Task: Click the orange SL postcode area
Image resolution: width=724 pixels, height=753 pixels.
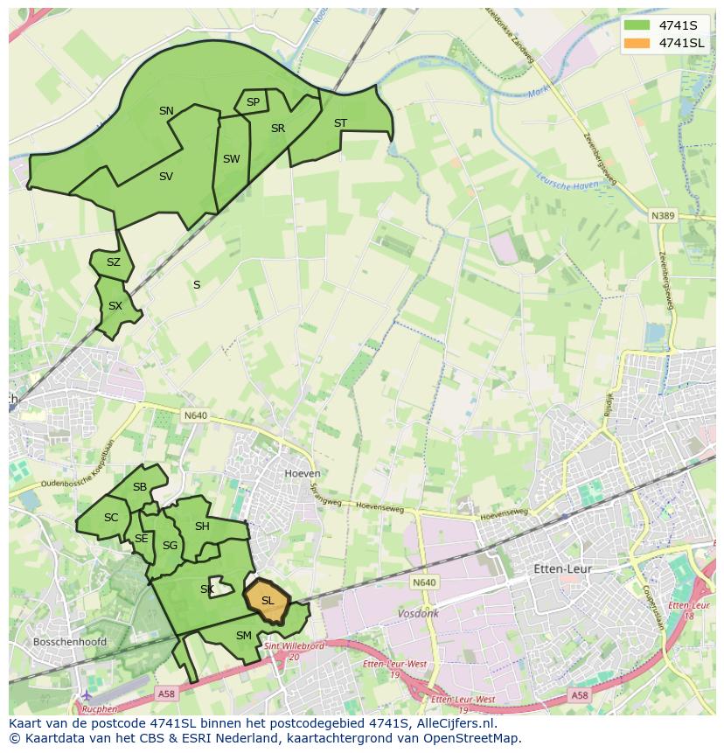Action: pyautogui.click(x=268, y=601)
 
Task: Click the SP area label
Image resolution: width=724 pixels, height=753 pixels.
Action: pyautogui.click(x=253, y=102)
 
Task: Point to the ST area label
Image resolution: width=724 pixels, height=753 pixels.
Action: pyautogui.click(x=340, y=123)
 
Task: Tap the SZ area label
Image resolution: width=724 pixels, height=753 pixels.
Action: pyautogui.click(x=114, y=262)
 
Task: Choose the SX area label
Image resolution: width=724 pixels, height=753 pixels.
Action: pyautogui.click(x=115, y=306)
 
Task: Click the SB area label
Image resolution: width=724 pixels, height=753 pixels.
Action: pyautogui.click(x=140, y=487)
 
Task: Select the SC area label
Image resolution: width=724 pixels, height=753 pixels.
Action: pyautogui.click(x=111, y=518)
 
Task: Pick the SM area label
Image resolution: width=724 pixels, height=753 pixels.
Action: pyautogui.click(x=244, y=636)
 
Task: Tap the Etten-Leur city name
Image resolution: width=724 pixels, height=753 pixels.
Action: pyautogui.click(x=562, y=568)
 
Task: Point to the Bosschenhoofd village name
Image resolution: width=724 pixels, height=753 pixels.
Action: pyautogui.click(x=69, y=641)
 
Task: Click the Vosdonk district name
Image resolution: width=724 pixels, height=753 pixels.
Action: pyautogui.click(x=418, y=614)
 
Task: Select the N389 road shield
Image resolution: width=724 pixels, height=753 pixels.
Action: pyautogui.click(x=663, y=214)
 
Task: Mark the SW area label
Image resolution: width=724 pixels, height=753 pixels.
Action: pyautogui.click(x=231, y=159)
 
